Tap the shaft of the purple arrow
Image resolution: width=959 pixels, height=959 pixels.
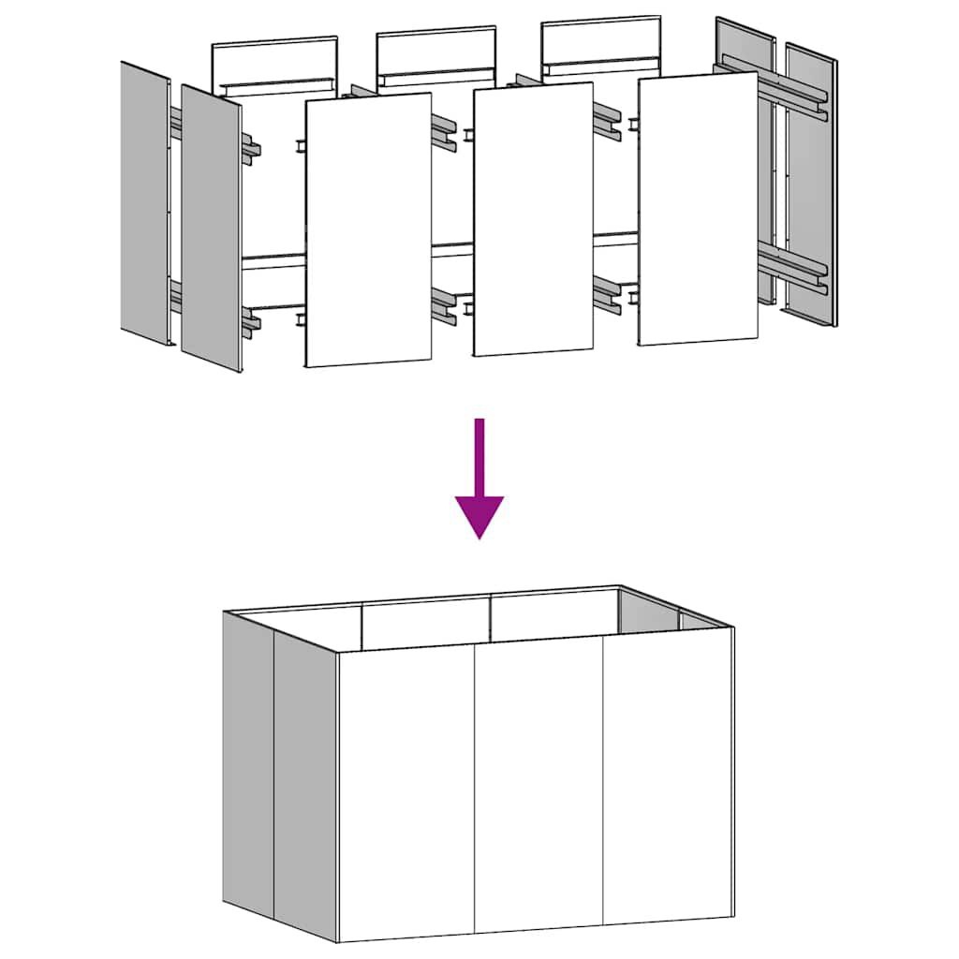click(479, 454)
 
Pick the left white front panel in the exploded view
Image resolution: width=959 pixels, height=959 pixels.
click(368, 229)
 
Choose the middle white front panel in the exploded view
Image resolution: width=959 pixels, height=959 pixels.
click(533, 220)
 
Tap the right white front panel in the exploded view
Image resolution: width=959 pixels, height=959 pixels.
click(698, 209)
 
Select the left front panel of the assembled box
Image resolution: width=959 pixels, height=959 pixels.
click(406, 791)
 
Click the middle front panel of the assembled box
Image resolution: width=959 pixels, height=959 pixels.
click(539, 787)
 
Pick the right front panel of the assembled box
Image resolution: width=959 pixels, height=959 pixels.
click(667, 782)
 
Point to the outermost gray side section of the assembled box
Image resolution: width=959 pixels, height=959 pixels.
click(247, 763)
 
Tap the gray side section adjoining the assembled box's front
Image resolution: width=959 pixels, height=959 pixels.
click(304, 782)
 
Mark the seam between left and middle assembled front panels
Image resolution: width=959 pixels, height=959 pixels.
click(475, 791)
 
